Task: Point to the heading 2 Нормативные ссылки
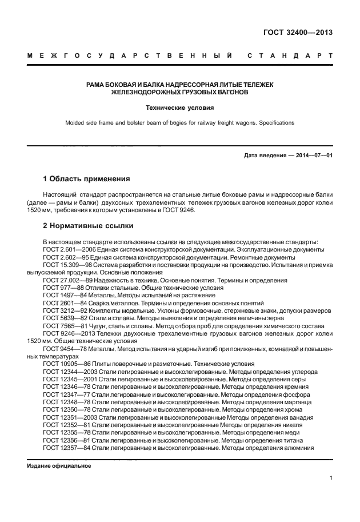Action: click(88, 226)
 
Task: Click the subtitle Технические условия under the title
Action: click(179, 107)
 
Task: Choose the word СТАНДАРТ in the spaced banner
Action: click(289, 57)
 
